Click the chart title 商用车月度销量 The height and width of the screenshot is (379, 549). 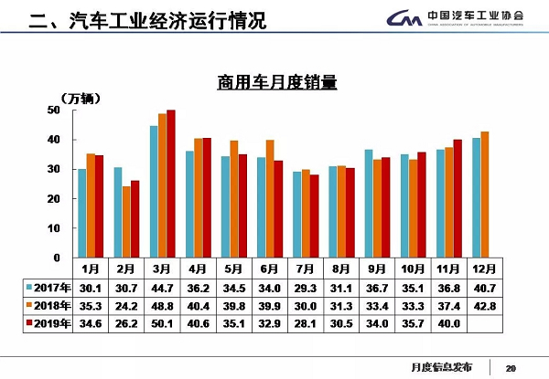tap(276, 83)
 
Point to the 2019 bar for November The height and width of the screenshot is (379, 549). tap(457, 198)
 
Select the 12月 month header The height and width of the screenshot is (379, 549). tap(484, 269)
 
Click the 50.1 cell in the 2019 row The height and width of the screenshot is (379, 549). tap(163, 323)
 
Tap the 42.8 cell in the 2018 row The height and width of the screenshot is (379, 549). tap(484, 306)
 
